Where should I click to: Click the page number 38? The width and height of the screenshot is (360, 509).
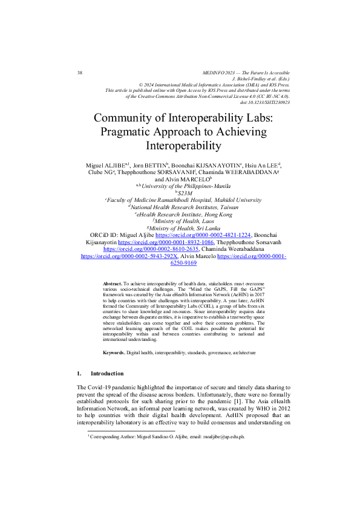click(x=80, y=73)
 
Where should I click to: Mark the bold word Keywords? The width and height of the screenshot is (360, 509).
click(x=113, y=352)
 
